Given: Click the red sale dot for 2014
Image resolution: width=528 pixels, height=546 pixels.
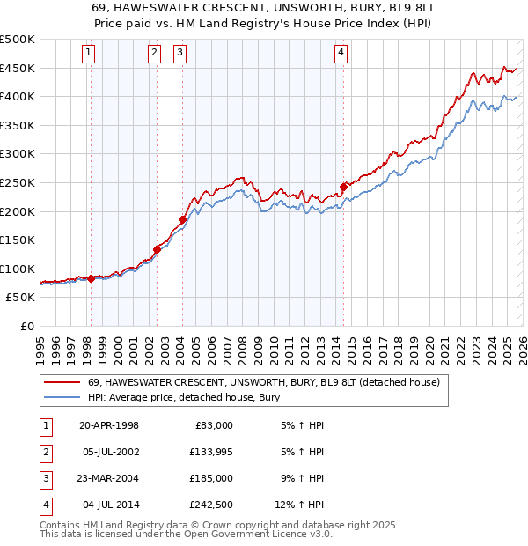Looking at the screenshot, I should (x=343, y=187).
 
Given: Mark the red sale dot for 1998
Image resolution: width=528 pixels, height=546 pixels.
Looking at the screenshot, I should (x=91, y=278).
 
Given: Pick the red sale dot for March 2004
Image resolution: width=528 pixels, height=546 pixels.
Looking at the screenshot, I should (x=182, y=219).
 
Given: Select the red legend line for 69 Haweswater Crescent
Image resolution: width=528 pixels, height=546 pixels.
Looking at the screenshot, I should (x=62, y=382).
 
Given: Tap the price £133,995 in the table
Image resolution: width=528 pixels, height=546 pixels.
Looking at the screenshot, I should (x=209, y=452).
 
